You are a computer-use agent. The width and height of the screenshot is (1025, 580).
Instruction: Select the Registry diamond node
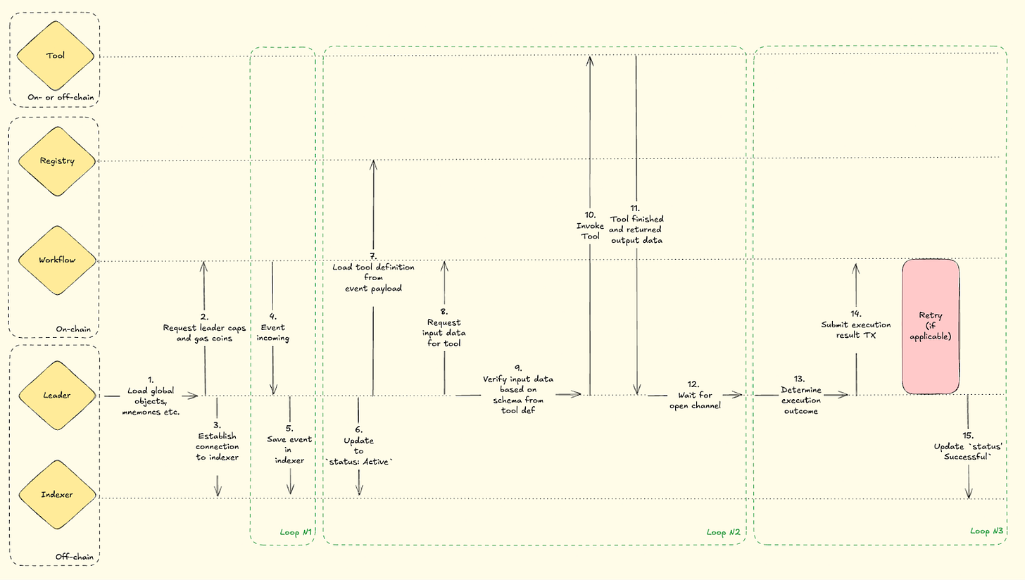(x=57, y=161)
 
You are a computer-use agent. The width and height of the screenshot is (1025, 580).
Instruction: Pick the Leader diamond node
(x=57, y=395)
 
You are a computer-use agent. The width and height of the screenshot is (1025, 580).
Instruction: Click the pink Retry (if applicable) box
(x=931, y=325)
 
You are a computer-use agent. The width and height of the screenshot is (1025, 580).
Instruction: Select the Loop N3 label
(x=986, y=531)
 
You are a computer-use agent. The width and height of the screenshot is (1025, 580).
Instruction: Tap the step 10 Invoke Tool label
(x=590, y=225)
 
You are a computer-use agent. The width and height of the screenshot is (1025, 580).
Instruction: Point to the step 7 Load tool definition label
(x=374, y=272)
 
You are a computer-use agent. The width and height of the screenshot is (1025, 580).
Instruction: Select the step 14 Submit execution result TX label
(x=856, y=324)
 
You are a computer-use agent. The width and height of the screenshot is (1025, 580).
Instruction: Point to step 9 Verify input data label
(x=517, y=390)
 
